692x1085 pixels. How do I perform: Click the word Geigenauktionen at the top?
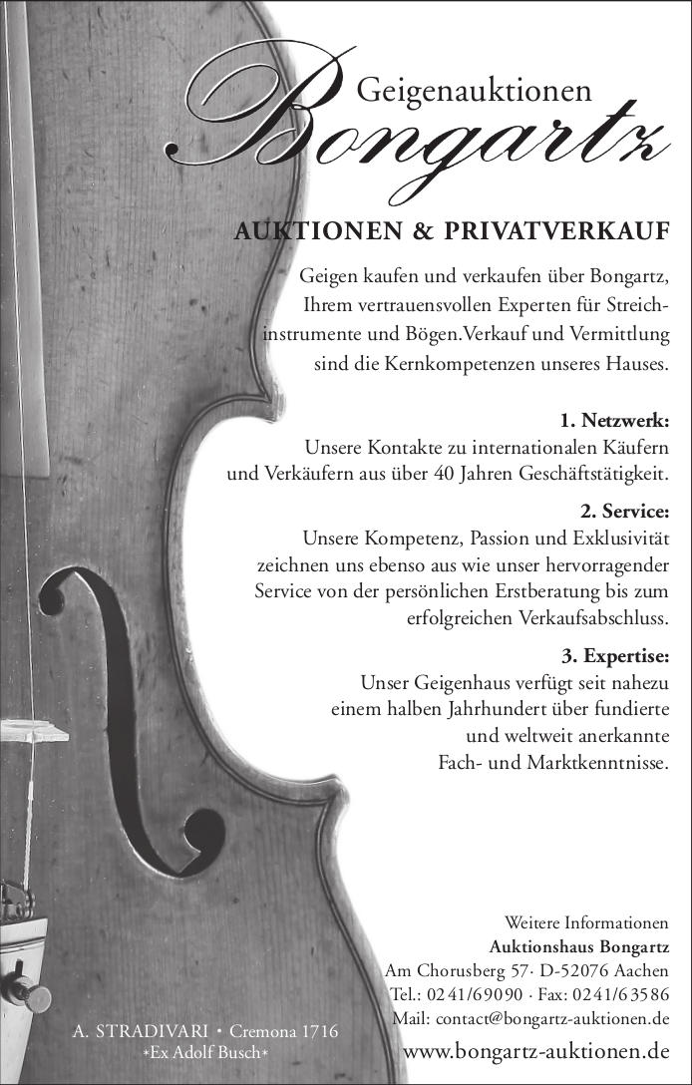click(x=474, y=91)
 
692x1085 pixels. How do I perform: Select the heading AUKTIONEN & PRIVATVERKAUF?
click(x=451, y=233)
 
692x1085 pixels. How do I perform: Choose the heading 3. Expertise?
click(x=614, y=656)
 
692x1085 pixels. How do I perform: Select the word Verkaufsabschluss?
click(x=593, y=618)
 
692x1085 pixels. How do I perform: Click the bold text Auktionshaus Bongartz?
click(x=579, y=945)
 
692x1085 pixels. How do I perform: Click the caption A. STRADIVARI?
click(x=141, y=1030)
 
